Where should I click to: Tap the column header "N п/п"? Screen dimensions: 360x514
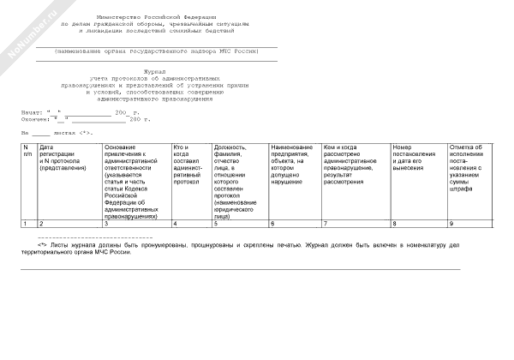tap(27, 151)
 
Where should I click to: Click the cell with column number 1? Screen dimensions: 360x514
tap(25, 223)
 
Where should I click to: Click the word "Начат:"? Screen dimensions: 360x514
tap(32, 111)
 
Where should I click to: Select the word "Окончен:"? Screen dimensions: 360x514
tap(35, 119)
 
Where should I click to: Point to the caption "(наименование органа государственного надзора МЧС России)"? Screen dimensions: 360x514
tap(156, 51)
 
